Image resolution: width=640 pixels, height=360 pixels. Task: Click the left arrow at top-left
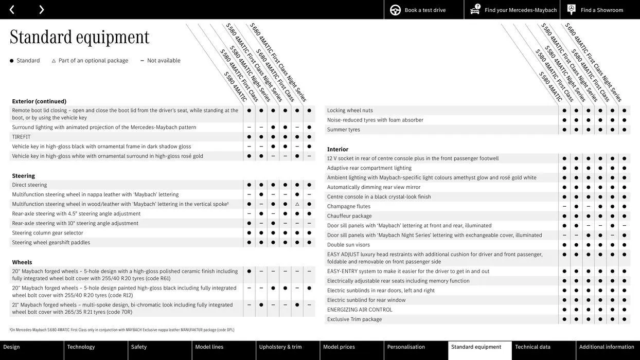click(x=12, y=9)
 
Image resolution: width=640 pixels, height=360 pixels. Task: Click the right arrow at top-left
click(x=41, y=9)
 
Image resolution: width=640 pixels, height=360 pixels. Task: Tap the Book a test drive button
click(x=418, y=10)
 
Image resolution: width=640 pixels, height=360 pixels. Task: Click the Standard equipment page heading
click(x=80, y=37)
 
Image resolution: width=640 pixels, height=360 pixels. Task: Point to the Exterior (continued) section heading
click(x=39, y=101)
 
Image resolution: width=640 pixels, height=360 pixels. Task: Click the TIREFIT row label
click(x=22, y=137)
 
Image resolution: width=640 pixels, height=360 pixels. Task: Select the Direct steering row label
click(x=29, y=185)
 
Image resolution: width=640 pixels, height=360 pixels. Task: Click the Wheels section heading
click(x=22, y=262)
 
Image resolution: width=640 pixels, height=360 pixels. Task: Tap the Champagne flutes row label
click(x=349, y=206)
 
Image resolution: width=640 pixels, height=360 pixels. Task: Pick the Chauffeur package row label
click(x=349, y=216)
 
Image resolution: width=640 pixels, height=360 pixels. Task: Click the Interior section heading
click(x=337, y=149)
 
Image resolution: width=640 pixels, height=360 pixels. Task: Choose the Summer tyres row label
click(x=344, y=130)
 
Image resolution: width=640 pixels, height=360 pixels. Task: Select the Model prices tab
click(x=339, y=347)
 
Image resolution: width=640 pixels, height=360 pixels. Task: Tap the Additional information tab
click(x=607, y=347)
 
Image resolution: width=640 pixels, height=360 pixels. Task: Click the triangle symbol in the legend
click(x=54, y=61)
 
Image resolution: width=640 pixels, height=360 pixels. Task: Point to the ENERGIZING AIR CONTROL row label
click(x=360, y=310)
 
